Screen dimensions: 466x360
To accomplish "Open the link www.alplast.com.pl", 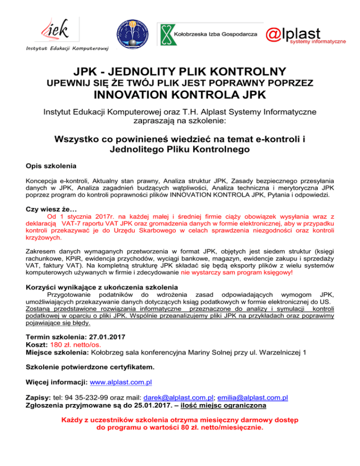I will point(120,382).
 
